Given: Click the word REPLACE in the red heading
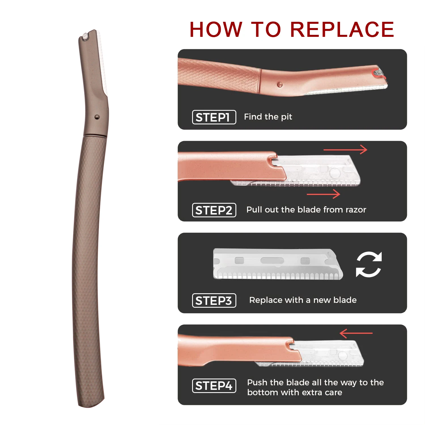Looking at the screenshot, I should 342,29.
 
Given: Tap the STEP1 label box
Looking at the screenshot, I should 214,117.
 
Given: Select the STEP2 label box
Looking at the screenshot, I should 214,210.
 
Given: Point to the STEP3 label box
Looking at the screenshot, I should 214,301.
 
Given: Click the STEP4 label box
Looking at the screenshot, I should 214,386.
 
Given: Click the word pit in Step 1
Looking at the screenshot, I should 286,117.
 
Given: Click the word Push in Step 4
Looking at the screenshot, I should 257,382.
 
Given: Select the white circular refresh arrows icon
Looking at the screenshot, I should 369,264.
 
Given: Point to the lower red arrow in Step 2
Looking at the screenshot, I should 323,194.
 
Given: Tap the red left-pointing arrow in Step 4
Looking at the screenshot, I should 356,333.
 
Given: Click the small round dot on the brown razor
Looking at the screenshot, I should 97,117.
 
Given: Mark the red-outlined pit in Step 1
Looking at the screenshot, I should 378,72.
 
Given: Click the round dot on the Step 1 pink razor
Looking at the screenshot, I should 280,85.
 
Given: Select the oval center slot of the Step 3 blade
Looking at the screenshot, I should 272,260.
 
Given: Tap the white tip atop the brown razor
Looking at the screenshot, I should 84,36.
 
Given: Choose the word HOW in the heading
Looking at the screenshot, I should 216,29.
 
